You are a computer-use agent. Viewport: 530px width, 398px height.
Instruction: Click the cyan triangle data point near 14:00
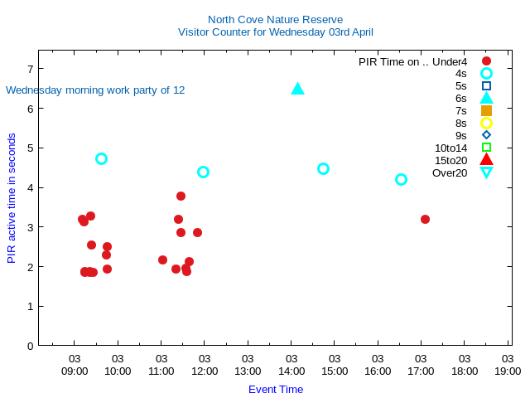(x=298, y=89)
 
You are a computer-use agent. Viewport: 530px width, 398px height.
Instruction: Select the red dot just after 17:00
(x=425, y=219)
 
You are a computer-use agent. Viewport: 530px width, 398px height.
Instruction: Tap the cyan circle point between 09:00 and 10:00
(x=101, y=158)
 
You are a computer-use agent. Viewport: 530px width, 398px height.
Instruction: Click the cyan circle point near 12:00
(x=203, y=172)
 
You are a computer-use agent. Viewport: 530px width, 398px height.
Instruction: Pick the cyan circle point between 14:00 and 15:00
(x=323, y=168)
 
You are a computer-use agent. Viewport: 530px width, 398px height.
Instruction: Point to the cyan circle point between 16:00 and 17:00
(x=401, y=179)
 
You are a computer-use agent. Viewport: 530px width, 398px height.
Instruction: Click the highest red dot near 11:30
(x=181, y=196)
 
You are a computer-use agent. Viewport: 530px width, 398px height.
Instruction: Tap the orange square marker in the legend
(x=486, y=110)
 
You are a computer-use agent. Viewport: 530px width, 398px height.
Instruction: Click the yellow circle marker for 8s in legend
(x=486, y=123)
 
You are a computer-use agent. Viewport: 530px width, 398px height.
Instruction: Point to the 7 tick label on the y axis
(x=30, y=69)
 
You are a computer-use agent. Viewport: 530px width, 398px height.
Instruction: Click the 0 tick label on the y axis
(x=30, y=346)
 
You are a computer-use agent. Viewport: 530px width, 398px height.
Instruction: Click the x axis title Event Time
(x=276, y=389)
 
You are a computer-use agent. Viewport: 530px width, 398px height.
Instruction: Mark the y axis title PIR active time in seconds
(x=12, y=198)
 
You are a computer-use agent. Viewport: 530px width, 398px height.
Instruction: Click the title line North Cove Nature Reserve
(x=275, y=20)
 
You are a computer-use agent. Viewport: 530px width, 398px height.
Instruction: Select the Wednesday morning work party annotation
(x=95, y=90)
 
